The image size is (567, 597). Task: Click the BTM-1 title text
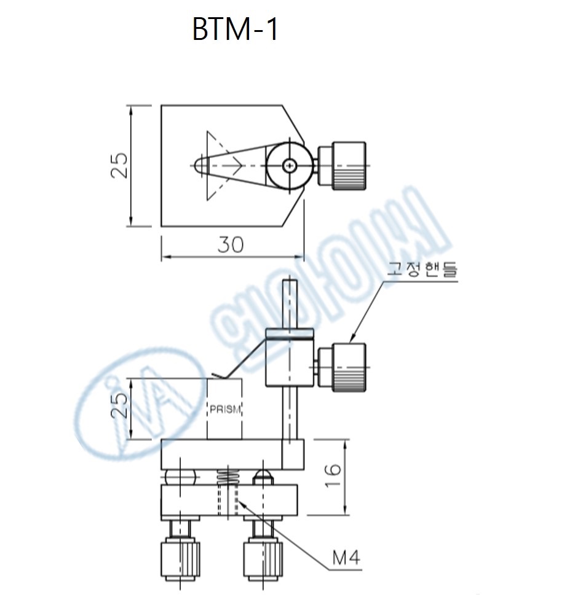pos(236,30)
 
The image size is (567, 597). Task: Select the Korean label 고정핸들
pos(422,270)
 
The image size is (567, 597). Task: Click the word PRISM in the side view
pos(224,410)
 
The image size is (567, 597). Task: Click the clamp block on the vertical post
pos(290,359)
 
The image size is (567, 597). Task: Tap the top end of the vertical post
pos(290,283)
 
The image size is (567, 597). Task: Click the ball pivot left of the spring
pos(180,476)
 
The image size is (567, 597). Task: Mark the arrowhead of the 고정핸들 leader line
pos(351,340)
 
